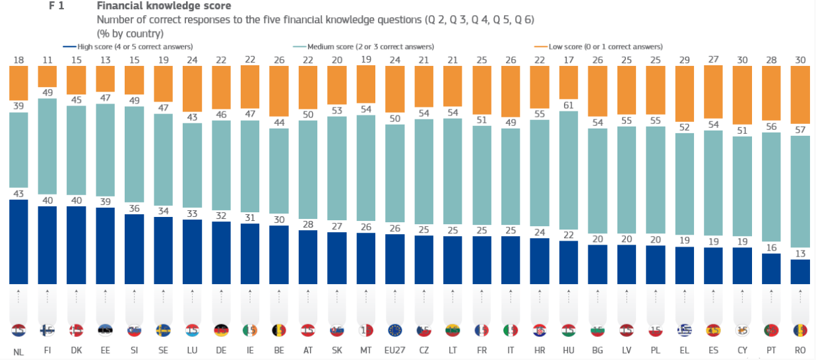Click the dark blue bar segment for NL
[x=18, y=241]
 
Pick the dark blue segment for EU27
[x=395, y=258]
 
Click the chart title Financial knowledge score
[x=163, y=6]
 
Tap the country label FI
[x=48, y=351]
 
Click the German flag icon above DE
[x=222, y=330]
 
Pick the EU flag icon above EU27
[x=395, y=330]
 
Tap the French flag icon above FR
[x=482, y=330]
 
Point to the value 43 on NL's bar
[x=18, y=193]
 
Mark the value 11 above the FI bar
[x=48, y=61]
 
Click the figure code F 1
[x=56, y=6]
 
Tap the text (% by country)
[x=130, y=33]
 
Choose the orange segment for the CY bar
[x=743, y=95]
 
